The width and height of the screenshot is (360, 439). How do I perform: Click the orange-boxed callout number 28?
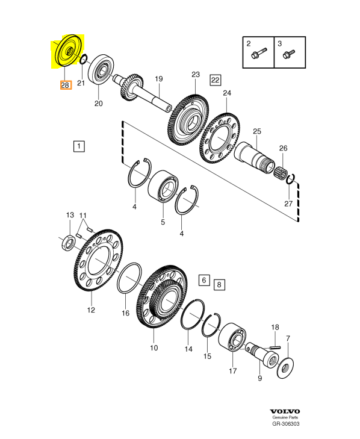66,85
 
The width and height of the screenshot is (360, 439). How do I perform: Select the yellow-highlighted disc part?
69,51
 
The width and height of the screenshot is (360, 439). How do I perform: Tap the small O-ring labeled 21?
84,59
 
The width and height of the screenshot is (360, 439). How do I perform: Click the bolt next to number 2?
259,54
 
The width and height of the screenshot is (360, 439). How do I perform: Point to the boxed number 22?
216,80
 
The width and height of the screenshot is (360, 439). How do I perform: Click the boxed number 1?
79,146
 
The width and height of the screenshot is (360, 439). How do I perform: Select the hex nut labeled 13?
69,243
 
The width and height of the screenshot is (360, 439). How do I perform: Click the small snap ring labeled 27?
291,179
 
